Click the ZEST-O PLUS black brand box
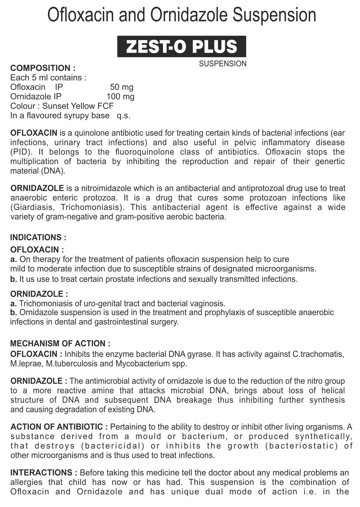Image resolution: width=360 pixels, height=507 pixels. tap(182, 46)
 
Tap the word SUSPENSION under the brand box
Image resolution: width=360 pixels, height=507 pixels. tap(223, 64)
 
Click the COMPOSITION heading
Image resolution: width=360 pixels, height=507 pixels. tap(43, 68)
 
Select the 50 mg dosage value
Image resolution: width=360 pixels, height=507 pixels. tap(122, 87)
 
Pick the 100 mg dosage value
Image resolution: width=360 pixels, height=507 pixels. tap(120, 97)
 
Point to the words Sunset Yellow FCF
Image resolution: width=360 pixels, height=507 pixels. tap(78, 106)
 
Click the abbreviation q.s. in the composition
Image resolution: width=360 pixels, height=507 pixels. tap(123, 116)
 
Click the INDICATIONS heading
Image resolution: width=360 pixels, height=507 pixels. tap(38, 237)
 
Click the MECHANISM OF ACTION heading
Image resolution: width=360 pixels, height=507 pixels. tap(60, 344)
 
